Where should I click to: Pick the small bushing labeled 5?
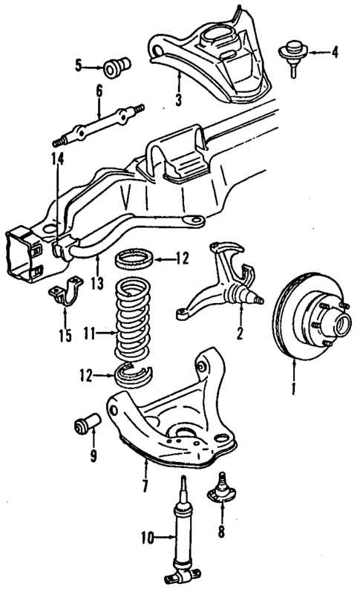click(x=116, y=68)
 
